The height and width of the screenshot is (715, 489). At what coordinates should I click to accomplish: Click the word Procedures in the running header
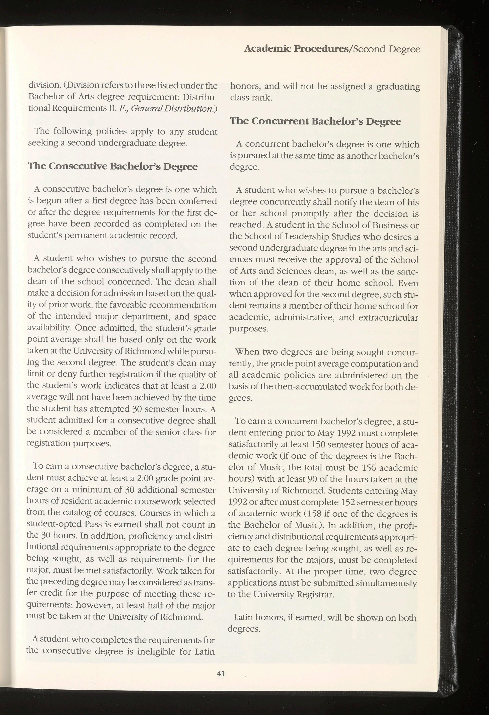tap(321, 49)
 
